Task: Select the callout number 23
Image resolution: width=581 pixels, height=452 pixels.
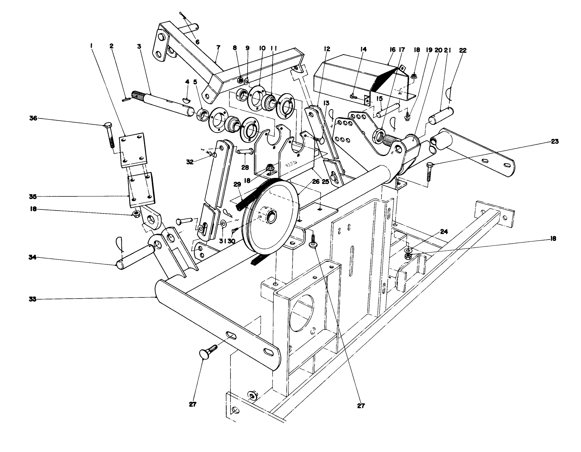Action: coord(555,141)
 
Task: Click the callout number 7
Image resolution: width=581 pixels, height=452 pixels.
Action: coord(218,48)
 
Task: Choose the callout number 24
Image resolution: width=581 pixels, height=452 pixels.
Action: coord(444,231)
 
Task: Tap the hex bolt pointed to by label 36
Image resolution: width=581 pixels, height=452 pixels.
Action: coord(109,136)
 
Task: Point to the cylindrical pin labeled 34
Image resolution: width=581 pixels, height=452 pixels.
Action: coord(136,257)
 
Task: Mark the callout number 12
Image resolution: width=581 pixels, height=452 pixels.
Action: coord(327,49)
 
